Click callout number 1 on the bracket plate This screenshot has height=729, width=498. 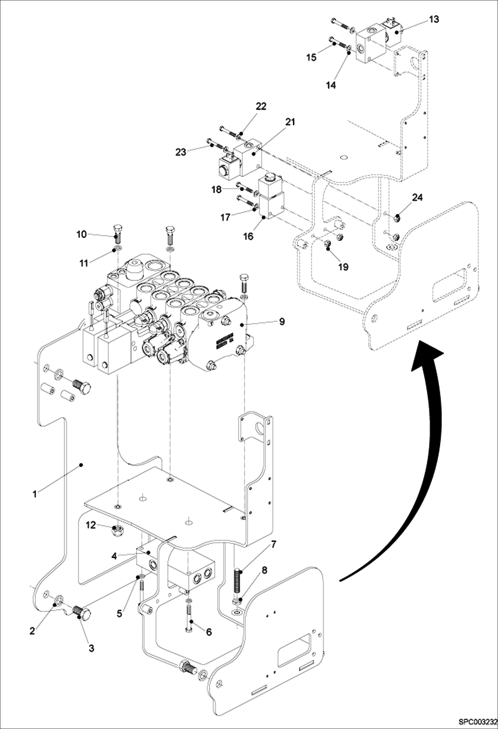point(35,494)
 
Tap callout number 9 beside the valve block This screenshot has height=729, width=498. point(282,321)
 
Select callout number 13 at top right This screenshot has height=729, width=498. point(434,19)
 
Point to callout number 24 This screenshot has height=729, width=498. point(417,197)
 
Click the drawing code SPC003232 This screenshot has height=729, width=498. point(477,722)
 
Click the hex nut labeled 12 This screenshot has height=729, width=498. point(117,532)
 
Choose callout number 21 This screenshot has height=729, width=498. point(290,122)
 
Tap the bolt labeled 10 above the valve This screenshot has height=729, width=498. point(117,234)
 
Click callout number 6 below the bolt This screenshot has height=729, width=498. point(209,632)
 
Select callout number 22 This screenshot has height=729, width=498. point(261,106)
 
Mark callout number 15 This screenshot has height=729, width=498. point(311,57)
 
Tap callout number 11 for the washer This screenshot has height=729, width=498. point(84,263)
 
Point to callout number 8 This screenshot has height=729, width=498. point(264,570)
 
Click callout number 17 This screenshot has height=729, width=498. point(225,217)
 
